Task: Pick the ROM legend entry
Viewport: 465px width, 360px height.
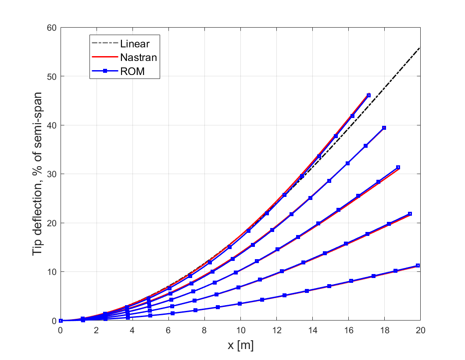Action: pyautogui.click(x=132, y=71)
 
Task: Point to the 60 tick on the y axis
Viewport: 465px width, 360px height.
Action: pyautogui.click(x=52, y=28)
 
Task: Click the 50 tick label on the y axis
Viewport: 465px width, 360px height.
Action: pyautogui.click(x=52, y=76)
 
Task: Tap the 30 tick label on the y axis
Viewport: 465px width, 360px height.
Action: pyautogui.click(x=52, y=174)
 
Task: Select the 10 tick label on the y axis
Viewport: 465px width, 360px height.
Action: pyautogui.click(x=52, y=272)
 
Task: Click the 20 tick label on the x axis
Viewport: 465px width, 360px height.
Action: pyautogui.click(x=420, y=330)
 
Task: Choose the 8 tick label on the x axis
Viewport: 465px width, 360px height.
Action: pyautogui.click(x=204, y=330)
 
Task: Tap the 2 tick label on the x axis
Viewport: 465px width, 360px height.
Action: pyautogui.click(x=97, y=330)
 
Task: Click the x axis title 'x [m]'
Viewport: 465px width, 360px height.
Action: pyautogui.click(x=240, y=346)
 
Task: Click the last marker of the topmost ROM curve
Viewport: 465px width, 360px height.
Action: pyautogui.click(x=368, y=95)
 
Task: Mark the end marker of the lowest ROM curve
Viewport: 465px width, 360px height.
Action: pyautogui.click(x=418, y=265)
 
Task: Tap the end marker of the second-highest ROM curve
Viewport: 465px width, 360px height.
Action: pyautogui.click(x=384, y=128)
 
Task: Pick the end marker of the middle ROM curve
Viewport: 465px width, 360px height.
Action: pyautogui.click(x=398, y=167)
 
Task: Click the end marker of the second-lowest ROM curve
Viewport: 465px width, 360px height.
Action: pyautogui.click(x=410, y=214)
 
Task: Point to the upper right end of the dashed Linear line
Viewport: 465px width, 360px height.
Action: pyautogui.click(x=420, y=47)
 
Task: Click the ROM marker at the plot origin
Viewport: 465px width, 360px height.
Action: pyautogui.click(x=61, y=321)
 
